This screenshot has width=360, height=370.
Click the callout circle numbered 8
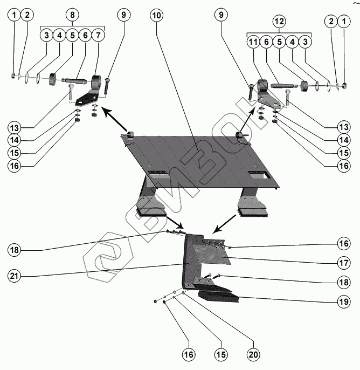click(73, 15)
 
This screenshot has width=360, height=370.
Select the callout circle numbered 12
click(279, 22)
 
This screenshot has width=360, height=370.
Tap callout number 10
click(156, 15)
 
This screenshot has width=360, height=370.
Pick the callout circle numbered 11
click(253, 42)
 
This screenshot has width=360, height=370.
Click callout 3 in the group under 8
click(47, 36)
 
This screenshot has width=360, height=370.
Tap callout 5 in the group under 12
click(279, 42)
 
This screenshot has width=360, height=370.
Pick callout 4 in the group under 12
click(292, 42)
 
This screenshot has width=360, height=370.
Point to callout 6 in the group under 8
click(85, 36)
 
